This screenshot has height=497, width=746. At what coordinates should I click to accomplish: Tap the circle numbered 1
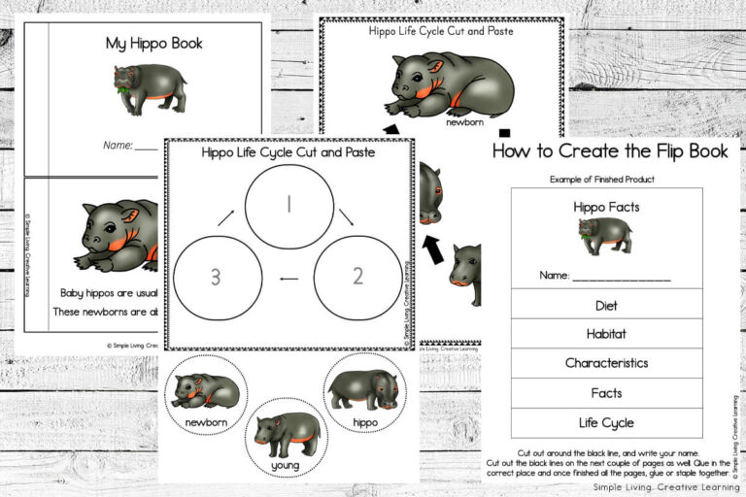pos(288,205)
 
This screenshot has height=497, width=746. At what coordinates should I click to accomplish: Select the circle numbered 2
pos(356,276)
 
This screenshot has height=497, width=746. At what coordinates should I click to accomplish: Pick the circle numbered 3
pos(216,276)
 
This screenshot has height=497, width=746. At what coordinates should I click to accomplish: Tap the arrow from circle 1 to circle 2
pos(346,217)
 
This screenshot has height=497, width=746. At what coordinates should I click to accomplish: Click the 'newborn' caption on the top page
pos(464,123)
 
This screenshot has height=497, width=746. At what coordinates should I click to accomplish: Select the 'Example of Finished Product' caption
pos(601,180)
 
